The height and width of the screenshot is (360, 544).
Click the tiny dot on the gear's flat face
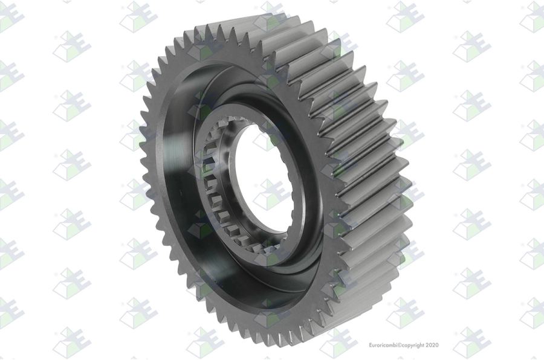coord(180,190)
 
